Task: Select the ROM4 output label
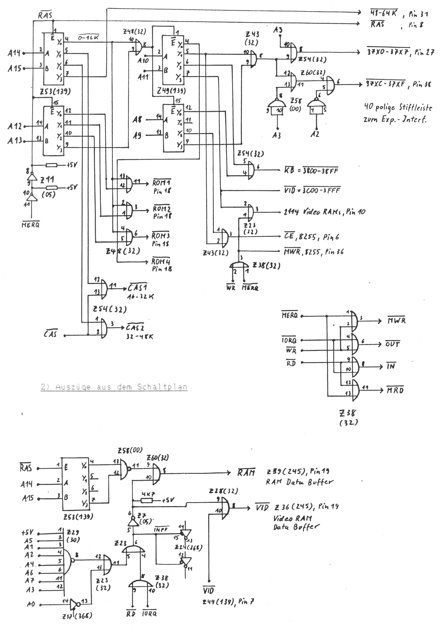click(161, 262)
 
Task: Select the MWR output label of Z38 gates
click(396, 320)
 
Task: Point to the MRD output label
click(395, 390)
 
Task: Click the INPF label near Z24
click(162, 529)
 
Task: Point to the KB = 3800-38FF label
click(311, 171)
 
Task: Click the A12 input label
click(15, 126)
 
